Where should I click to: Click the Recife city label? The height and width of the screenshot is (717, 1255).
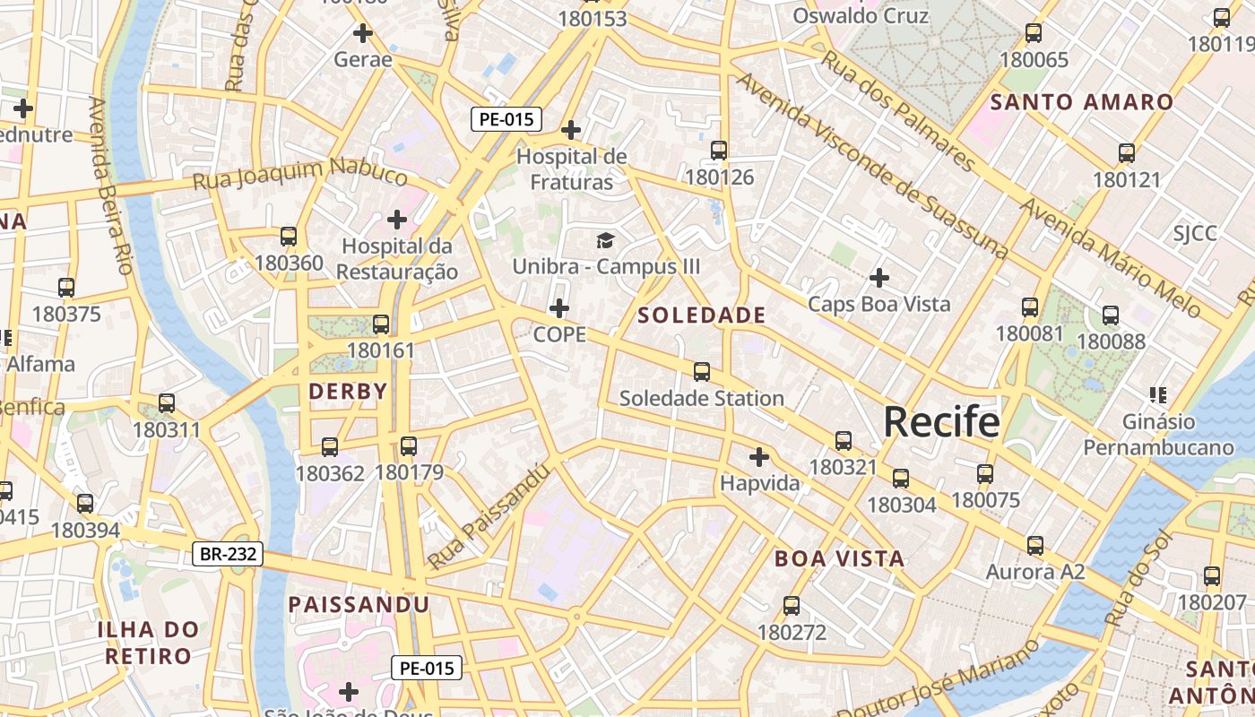tap(941, 421)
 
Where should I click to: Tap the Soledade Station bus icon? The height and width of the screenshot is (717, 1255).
tap(702, 371)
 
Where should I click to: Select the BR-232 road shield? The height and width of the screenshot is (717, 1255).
tap(229, 555)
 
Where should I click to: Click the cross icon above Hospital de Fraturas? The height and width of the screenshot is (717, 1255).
tap(571, 130)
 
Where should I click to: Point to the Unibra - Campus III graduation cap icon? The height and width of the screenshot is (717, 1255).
tap(606, 240)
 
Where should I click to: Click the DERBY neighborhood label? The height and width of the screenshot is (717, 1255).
tap(348, 392)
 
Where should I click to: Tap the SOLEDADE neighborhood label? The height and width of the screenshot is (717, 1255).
tap(701, 315)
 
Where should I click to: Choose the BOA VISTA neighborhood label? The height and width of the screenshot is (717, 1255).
tap(839, 559)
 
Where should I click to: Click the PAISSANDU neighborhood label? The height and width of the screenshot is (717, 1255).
tap(359, 605)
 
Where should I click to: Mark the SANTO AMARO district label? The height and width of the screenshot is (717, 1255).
tap(1082, 102)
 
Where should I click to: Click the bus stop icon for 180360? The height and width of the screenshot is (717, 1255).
tap(289, 237)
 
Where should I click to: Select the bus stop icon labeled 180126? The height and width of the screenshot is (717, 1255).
tap(719, 151)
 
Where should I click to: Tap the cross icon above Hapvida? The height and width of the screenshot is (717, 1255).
tap(759, 457)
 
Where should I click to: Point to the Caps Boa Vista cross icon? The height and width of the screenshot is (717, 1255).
tap(879, 278)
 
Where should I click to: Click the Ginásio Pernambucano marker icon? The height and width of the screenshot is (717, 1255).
tap(1158, 394)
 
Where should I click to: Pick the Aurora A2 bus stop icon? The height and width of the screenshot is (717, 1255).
tap(1035, 545)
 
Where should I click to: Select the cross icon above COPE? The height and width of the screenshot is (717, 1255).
tap(559, 308)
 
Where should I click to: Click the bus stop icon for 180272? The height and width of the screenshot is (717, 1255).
tap(792, 606)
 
